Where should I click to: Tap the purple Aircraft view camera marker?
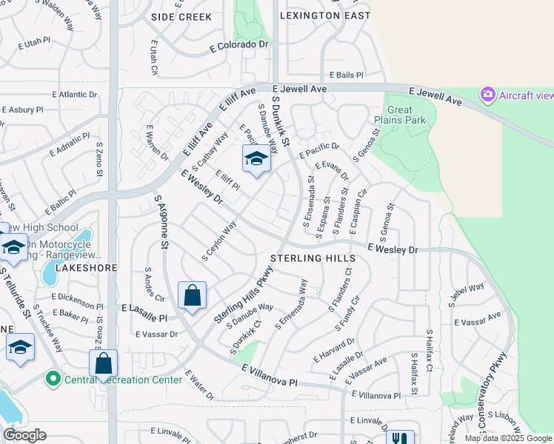(x=487, y=95)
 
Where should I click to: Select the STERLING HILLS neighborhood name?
(x=313, y=258)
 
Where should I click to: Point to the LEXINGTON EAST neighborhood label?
(x=325, y=16)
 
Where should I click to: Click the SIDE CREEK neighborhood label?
(x=181, y=16)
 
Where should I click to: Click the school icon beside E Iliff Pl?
(x=256, y=159)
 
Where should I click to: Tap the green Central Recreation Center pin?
(x=53, y=380)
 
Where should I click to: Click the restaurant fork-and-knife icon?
(x=400, y=438)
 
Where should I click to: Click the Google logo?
(x=24, y=435)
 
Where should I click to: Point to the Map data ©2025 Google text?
(x=507, y=438)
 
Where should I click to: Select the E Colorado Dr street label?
(x=239, y=44)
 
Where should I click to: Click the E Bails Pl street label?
(x=345, y=75)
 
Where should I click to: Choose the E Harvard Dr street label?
(x=333, y=349)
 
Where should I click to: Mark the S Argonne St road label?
(x=162, y=220)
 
